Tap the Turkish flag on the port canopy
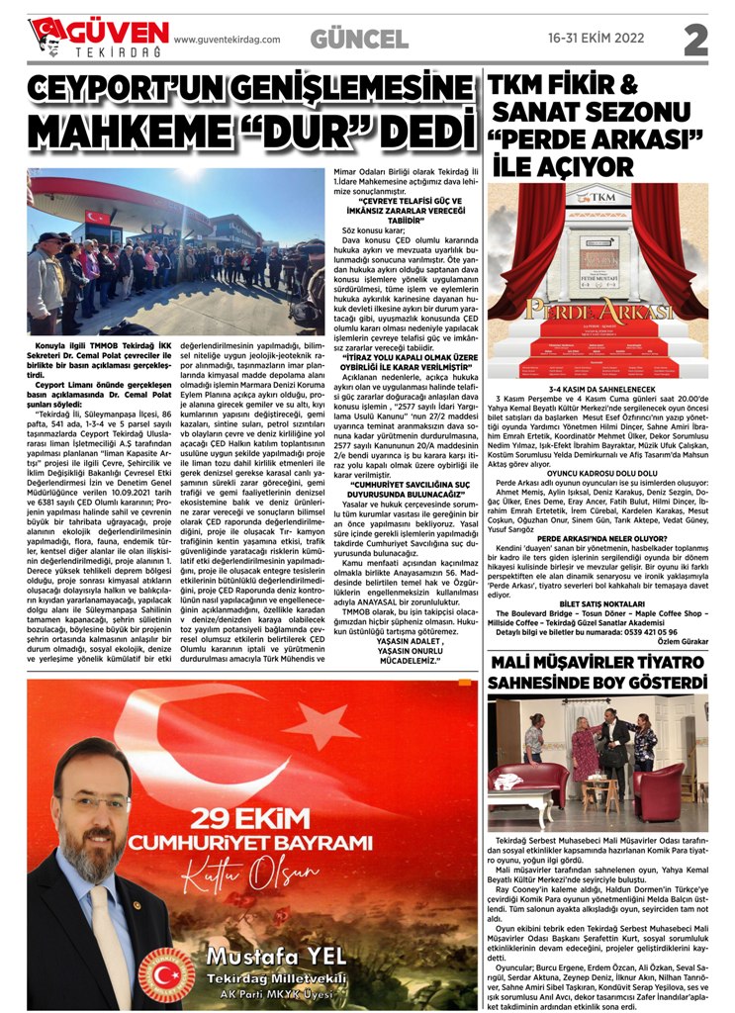pos(97,217)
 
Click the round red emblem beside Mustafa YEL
pos(160,974)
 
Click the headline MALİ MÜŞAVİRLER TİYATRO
pos(597,659)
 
